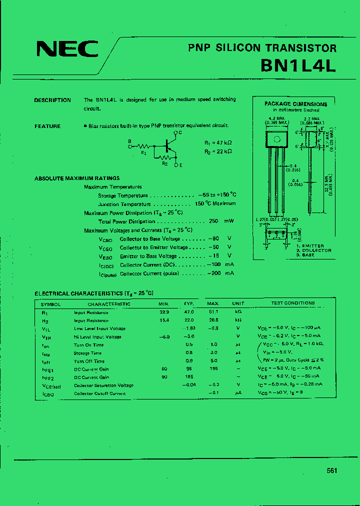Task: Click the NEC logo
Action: tap(67, 49)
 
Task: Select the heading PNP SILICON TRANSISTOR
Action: tap(262, 48)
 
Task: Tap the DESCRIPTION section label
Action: tap(52, 100)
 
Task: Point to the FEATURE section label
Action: tap(47, 126)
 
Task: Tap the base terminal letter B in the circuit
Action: tap(129, 141)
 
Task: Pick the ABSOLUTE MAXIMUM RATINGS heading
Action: tap(77, 178)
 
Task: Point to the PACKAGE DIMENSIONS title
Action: tap(295, 104)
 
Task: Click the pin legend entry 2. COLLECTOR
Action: tap(313, 250)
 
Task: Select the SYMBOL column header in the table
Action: tap(50, 303)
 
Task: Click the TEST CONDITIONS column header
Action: tap(293, 303)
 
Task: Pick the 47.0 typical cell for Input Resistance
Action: tap(189, 312)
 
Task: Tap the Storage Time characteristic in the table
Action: tap(87, 353)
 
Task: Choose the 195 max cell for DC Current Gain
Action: tap(213, 369)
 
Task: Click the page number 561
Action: tap(332, 470)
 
